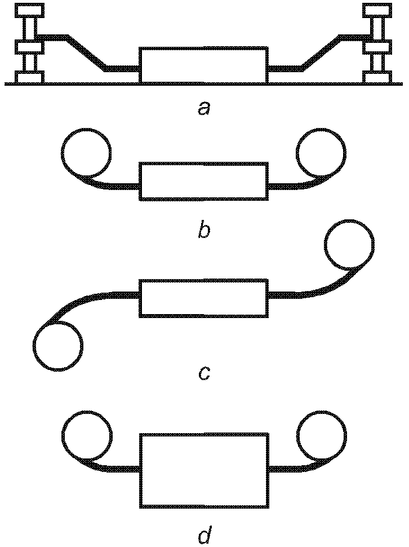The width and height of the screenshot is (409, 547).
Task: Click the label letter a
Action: coord(204,109)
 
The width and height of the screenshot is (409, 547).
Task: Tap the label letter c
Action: coord(204,373)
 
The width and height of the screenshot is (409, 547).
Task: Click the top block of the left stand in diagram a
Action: coord(29,10)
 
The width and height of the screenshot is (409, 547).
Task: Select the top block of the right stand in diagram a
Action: coord(377,10)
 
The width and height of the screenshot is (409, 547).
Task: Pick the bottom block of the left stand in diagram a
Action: coord(29,77)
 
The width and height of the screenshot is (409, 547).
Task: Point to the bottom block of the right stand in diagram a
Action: coord(377,77)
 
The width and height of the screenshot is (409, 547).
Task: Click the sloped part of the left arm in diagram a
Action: coord(87,52)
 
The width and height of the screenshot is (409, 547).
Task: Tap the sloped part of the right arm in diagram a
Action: coord(321,52)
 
